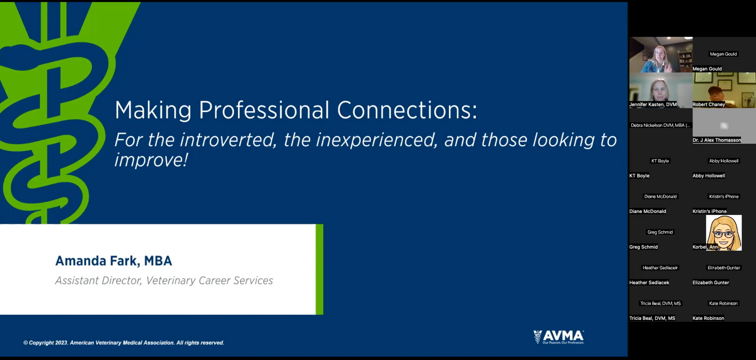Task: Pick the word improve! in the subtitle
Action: pyautogui.click(x=151, y=160)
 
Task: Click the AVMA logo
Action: pyautogui.click(x=559, y=337)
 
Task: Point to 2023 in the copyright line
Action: pyautogui.click(x=61, y=343)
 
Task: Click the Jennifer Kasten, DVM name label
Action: pyautogui.click(x=653, y=104)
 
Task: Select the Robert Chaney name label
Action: pyautogui.click(x=709, y=104)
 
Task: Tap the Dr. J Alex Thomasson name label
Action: pyautogui.click(x=717, y=140)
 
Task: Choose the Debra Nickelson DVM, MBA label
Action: pyautogui.click(x=660, y=125)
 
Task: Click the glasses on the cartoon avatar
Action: pyautogui.click(x=724, y=235)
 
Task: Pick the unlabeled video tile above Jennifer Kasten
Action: pyautogui.click(x=661, y=55)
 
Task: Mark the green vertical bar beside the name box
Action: pyautogui.click(x=319, y=269)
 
